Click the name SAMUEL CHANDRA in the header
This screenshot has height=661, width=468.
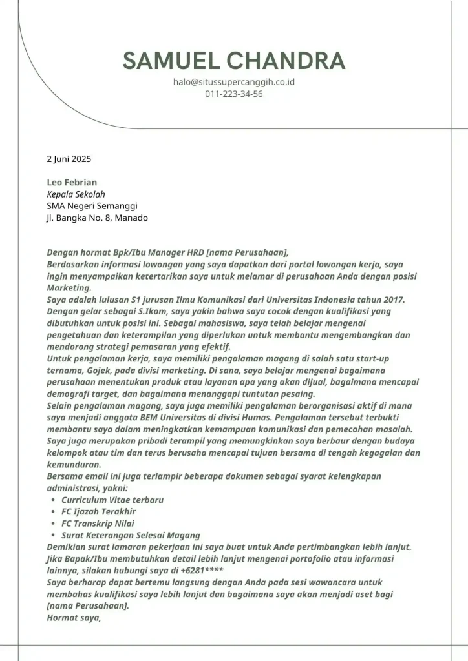pos(234,61)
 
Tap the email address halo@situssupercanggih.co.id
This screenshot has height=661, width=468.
pos(234,82)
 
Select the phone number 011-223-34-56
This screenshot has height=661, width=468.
pos(234,94)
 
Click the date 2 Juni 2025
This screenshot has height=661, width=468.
pos(69,159)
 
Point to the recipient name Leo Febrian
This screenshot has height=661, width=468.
pos(72,183)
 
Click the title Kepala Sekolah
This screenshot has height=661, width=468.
pos(76,194)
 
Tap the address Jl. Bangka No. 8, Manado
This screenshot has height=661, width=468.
pos(97,218)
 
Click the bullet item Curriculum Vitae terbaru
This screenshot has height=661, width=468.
pos(112,500)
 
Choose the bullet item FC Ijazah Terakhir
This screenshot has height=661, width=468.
pos(99,512)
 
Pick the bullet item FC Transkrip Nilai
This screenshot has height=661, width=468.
pos(98,524)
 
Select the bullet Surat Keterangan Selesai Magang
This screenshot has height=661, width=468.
pos(131,535)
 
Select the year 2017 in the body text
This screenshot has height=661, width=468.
pos(390,300)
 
